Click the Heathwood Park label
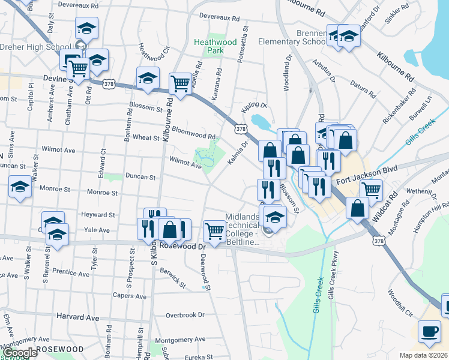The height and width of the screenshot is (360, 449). (208, 46)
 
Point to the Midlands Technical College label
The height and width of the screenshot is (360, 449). (243, 229)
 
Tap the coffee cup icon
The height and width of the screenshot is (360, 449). (430, 332)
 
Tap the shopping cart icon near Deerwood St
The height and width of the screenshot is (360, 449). (214, 230)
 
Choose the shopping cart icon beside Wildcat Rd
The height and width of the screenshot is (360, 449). (372, 190)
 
